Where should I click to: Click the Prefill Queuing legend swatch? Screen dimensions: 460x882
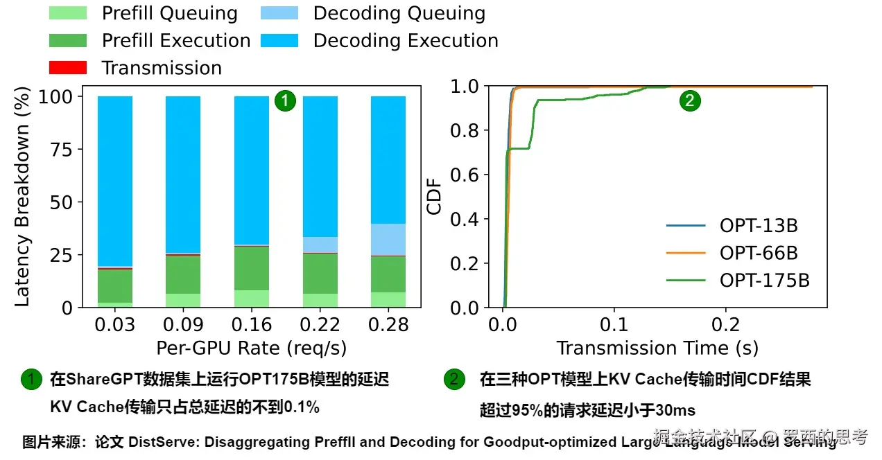click(67, 13)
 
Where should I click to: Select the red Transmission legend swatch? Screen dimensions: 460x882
click(67, 68)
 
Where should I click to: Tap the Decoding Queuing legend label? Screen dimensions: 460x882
click(399, 13)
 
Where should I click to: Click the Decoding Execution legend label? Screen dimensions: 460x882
click(406, 41)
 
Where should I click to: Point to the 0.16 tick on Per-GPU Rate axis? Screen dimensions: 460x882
click(252, 325)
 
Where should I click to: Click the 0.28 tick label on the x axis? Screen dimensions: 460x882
click(388, 325)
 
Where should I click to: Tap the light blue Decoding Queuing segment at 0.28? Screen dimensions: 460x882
click(388, 240)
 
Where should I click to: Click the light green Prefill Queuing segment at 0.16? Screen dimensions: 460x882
click(252, 299)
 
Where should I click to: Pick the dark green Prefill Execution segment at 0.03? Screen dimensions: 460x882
click(115, 285)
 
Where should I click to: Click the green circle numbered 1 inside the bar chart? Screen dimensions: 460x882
click(285, 101)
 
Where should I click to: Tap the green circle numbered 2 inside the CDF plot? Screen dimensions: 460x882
click(689, 101)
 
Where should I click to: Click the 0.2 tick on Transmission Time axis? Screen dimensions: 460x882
click(726, 325)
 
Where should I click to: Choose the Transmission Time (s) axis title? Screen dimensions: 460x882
click(657, 348)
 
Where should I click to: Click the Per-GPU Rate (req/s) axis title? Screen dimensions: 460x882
click(252, 348)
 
